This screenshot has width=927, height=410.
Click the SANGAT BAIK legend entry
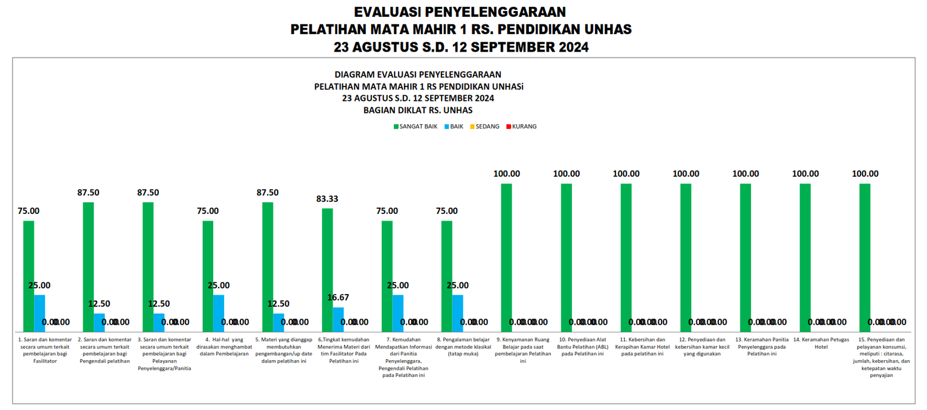pos(415,126)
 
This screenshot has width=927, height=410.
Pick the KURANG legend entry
pos(521,126)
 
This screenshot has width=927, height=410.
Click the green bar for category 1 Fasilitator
pos(28,276)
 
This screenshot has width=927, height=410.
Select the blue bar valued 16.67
pos(338,320)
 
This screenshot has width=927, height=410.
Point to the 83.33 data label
pos(327,199)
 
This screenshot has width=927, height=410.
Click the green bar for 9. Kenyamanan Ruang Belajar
pos(506,257)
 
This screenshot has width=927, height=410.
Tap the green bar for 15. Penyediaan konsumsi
pos(865,257)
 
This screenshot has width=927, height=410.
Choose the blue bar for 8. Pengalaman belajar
pos(458,313)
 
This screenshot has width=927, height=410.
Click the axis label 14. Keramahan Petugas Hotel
pos(821,343)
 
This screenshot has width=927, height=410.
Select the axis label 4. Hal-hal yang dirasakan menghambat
pos(224,347)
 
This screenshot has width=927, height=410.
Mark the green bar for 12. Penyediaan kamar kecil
pos(686,257)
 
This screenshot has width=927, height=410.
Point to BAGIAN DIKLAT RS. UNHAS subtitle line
pos(418,110)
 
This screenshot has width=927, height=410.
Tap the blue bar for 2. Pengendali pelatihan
pos(100,322)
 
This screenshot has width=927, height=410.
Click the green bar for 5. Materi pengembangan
pos(268,267)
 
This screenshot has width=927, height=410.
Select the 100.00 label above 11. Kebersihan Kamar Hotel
pos(626,174)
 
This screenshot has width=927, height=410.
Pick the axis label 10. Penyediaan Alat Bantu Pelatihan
pos(582,347)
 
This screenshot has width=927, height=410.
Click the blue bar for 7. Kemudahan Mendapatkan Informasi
pos(398,313)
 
